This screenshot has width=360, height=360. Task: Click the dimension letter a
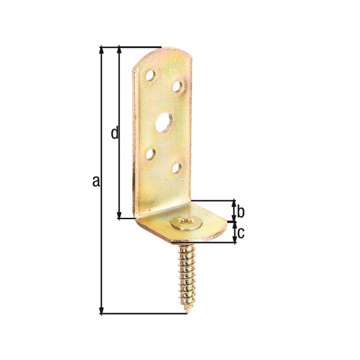click(95, 181)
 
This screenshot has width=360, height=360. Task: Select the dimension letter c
click(241, 233)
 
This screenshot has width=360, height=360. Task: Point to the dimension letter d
click(115, 133)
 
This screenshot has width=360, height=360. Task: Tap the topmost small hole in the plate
click(151, 76)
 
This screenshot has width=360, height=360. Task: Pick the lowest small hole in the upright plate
click(176, 168)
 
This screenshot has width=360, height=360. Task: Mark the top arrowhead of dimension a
click(101, 49)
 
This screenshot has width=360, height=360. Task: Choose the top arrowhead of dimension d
click(119, 49)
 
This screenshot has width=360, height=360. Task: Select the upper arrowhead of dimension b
click(233, 203)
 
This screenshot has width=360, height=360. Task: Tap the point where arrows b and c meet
click(233, 221)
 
